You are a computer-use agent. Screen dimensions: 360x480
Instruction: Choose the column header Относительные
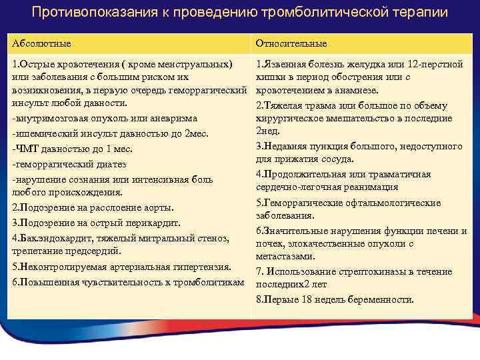(x=291, y=43)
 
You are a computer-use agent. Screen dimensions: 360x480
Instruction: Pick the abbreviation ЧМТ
(x=27, y=149)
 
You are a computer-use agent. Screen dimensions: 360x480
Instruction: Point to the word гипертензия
(x=199, y=267)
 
